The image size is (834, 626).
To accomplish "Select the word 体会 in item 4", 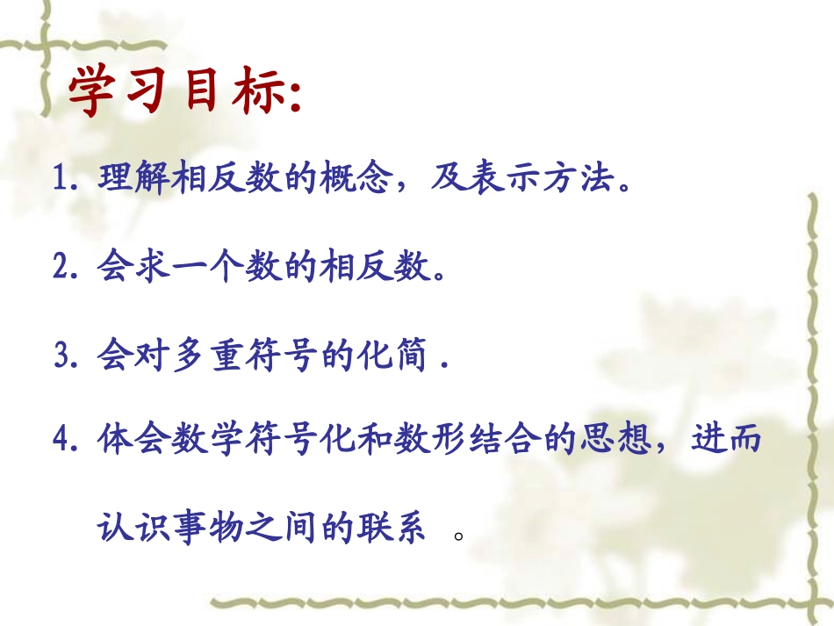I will (x=132, y=438).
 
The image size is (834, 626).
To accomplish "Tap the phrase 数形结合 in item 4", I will (x=464, y=438).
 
